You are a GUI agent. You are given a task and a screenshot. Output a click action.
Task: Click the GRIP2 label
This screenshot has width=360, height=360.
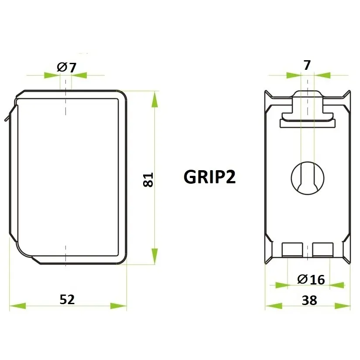[x=209, y=177]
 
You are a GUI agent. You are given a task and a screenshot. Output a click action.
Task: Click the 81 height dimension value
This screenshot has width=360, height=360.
[x=148, y=180]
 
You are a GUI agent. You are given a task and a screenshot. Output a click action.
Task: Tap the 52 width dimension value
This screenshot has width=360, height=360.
[x=67, y=299]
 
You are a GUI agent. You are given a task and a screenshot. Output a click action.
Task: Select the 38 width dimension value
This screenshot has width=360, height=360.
[x=309, y=300]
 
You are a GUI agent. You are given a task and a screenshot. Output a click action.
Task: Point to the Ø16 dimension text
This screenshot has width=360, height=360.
[x=311, y=279]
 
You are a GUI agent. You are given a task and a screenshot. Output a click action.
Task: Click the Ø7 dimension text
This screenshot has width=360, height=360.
[x=66, y=68]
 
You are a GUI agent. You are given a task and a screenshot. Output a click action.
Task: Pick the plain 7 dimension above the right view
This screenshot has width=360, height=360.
[x=307, y=65]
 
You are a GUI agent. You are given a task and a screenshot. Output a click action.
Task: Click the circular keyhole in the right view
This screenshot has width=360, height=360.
[x=308, y=178]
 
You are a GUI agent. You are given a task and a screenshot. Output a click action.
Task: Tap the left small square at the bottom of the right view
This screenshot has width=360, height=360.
[x=292, y=250]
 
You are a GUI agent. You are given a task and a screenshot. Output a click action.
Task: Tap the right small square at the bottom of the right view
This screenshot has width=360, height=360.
[x=322, y=250]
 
